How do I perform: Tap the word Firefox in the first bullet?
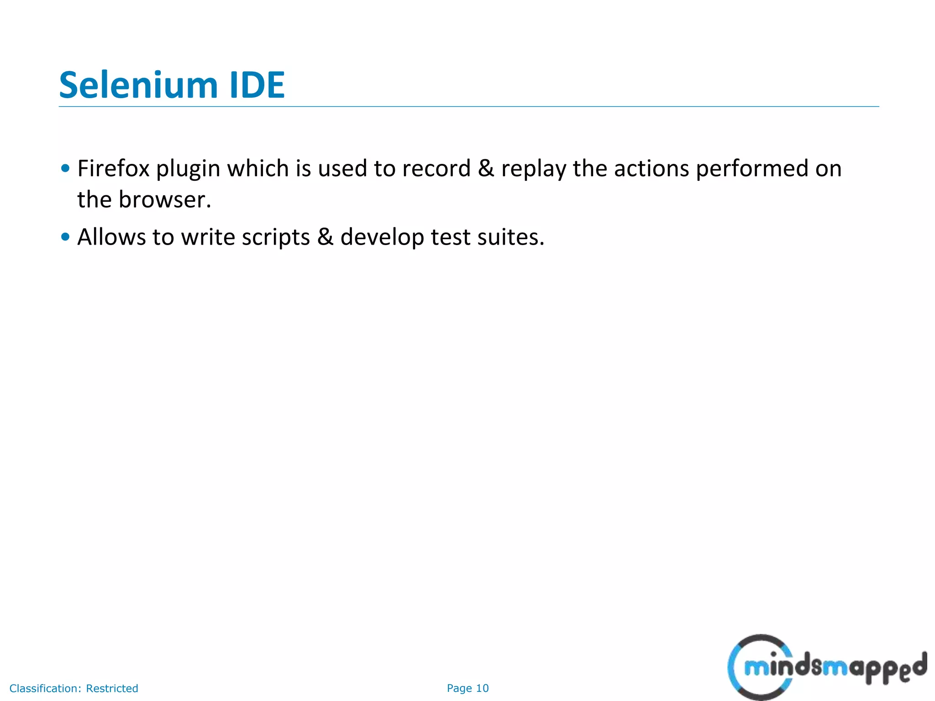[113, 168]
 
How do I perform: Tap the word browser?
[164, 200]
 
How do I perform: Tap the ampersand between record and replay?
[486, 168]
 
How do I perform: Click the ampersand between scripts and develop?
[325, 237]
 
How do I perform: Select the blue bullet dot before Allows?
[65, 236]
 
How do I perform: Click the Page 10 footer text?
[467, 688]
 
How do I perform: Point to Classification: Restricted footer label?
[74, 688]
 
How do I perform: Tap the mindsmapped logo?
[826, 667]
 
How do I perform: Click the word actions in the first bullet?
[651, 168]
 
